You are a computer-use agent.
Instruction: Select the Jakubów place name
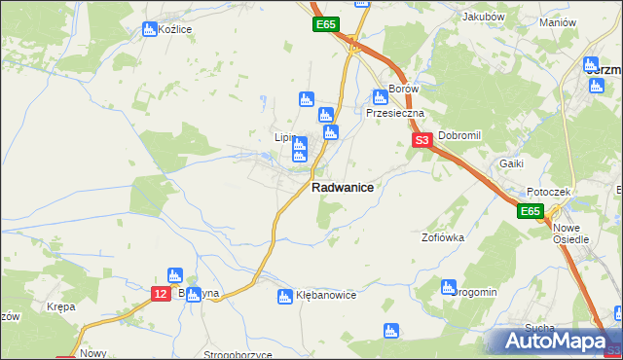point(484,17)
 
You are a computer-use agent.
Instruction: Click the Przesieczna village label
point(395,113)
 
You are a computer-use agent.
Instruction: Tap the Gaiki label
point(512,163)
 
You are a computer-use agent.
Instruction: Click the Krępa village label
point(60,306)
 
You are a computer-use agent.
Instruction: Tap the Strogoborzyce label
point(238,355)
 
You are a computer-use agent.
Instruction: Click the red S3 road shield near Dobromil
point(422,141)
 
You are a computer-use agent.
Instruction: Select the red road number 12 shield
point(162,293)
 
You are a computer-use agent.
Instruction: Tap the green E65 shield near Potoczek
point(530,211)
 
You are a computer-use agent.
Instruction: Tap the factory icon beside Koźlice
point(149,29)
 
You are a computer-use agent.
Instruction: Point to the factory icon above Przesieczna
point(380,96)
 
